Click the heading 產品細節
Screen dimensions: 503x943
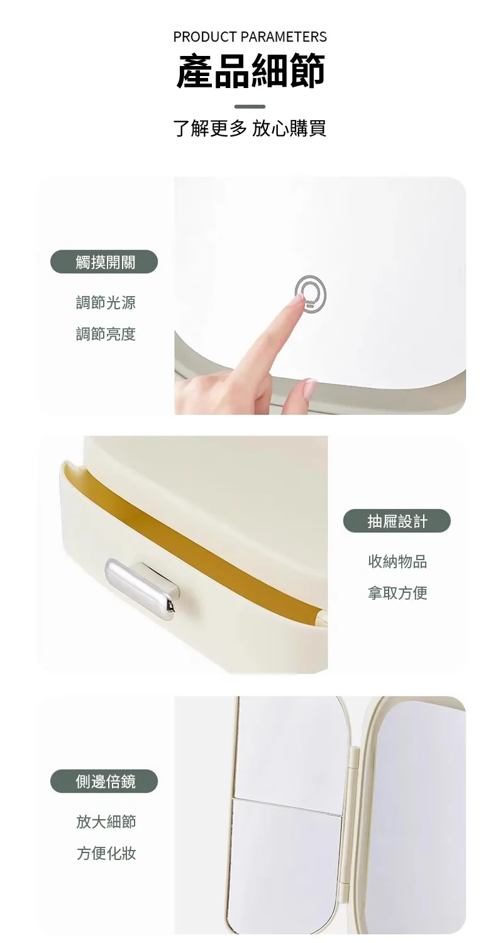[250, 70]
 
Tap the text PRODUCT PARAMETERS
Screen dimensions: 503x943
[250, 37]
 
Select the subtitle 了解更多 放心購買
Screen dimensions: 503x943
[250, 128]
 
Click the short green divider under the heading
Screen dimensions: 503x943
[250, 106]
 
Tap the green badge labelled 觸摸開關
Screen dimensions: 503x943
[104, 262]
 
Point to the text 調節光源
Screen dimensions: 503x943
[106, 302]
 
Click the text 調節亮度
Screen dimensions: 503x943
[106, 334]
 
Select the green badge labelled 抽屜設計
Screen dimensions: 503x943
[397, 521]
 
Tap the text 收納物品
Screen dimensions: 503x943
[397, 561]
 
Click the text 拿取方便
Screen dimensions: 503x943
[397, 593]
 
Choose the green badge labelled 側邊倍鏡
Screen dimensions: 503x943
[104, 781]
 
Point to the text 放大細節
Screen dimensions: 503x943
[106, 822]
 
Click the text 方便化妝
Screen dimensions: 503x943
[106, 853]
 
